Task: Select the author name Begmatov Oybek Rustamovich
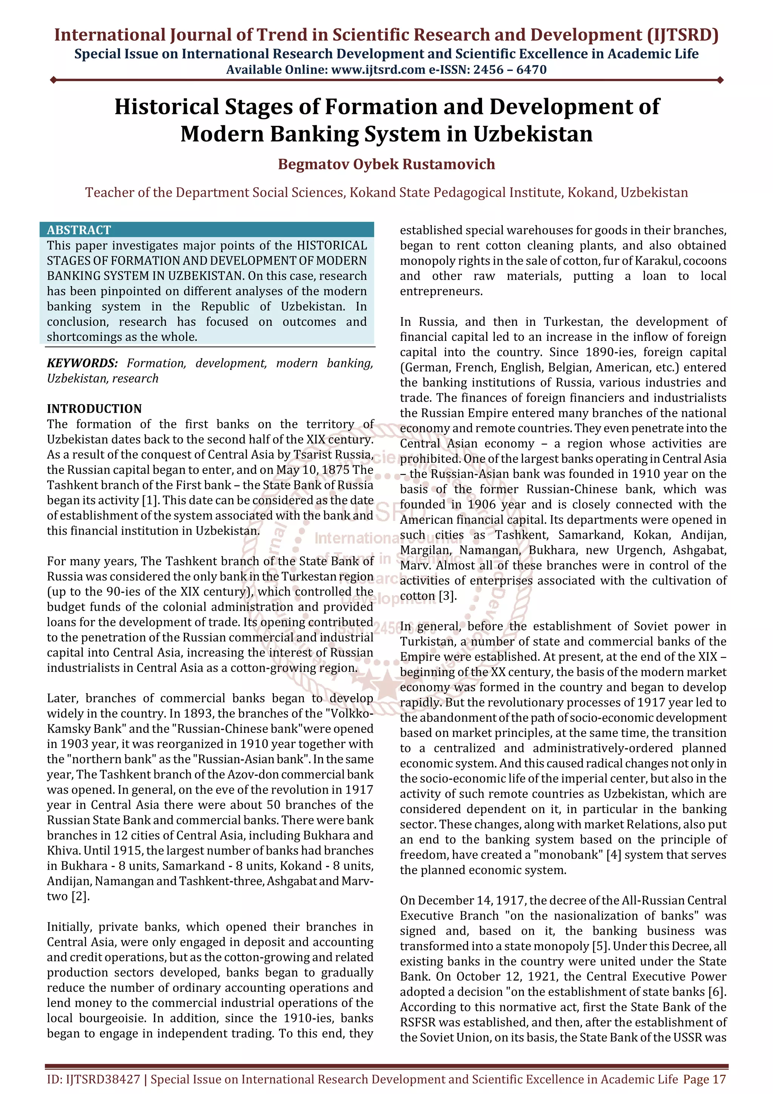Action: pyautogui.click(x=386, y=164)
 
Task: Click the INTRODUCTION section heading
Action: pyautogui.click(x=94, y=408)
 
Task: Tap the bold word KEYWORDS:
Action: pyautogui.click(x=82, y=363)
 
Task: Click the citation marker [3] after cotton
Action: pyautogui.click(x=448, y=596)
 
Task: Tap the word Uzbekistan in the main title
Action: pyautogui.click(x=533, y=134)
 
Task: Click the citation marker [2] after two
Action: pyautogui.click(x=80, y=896)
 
